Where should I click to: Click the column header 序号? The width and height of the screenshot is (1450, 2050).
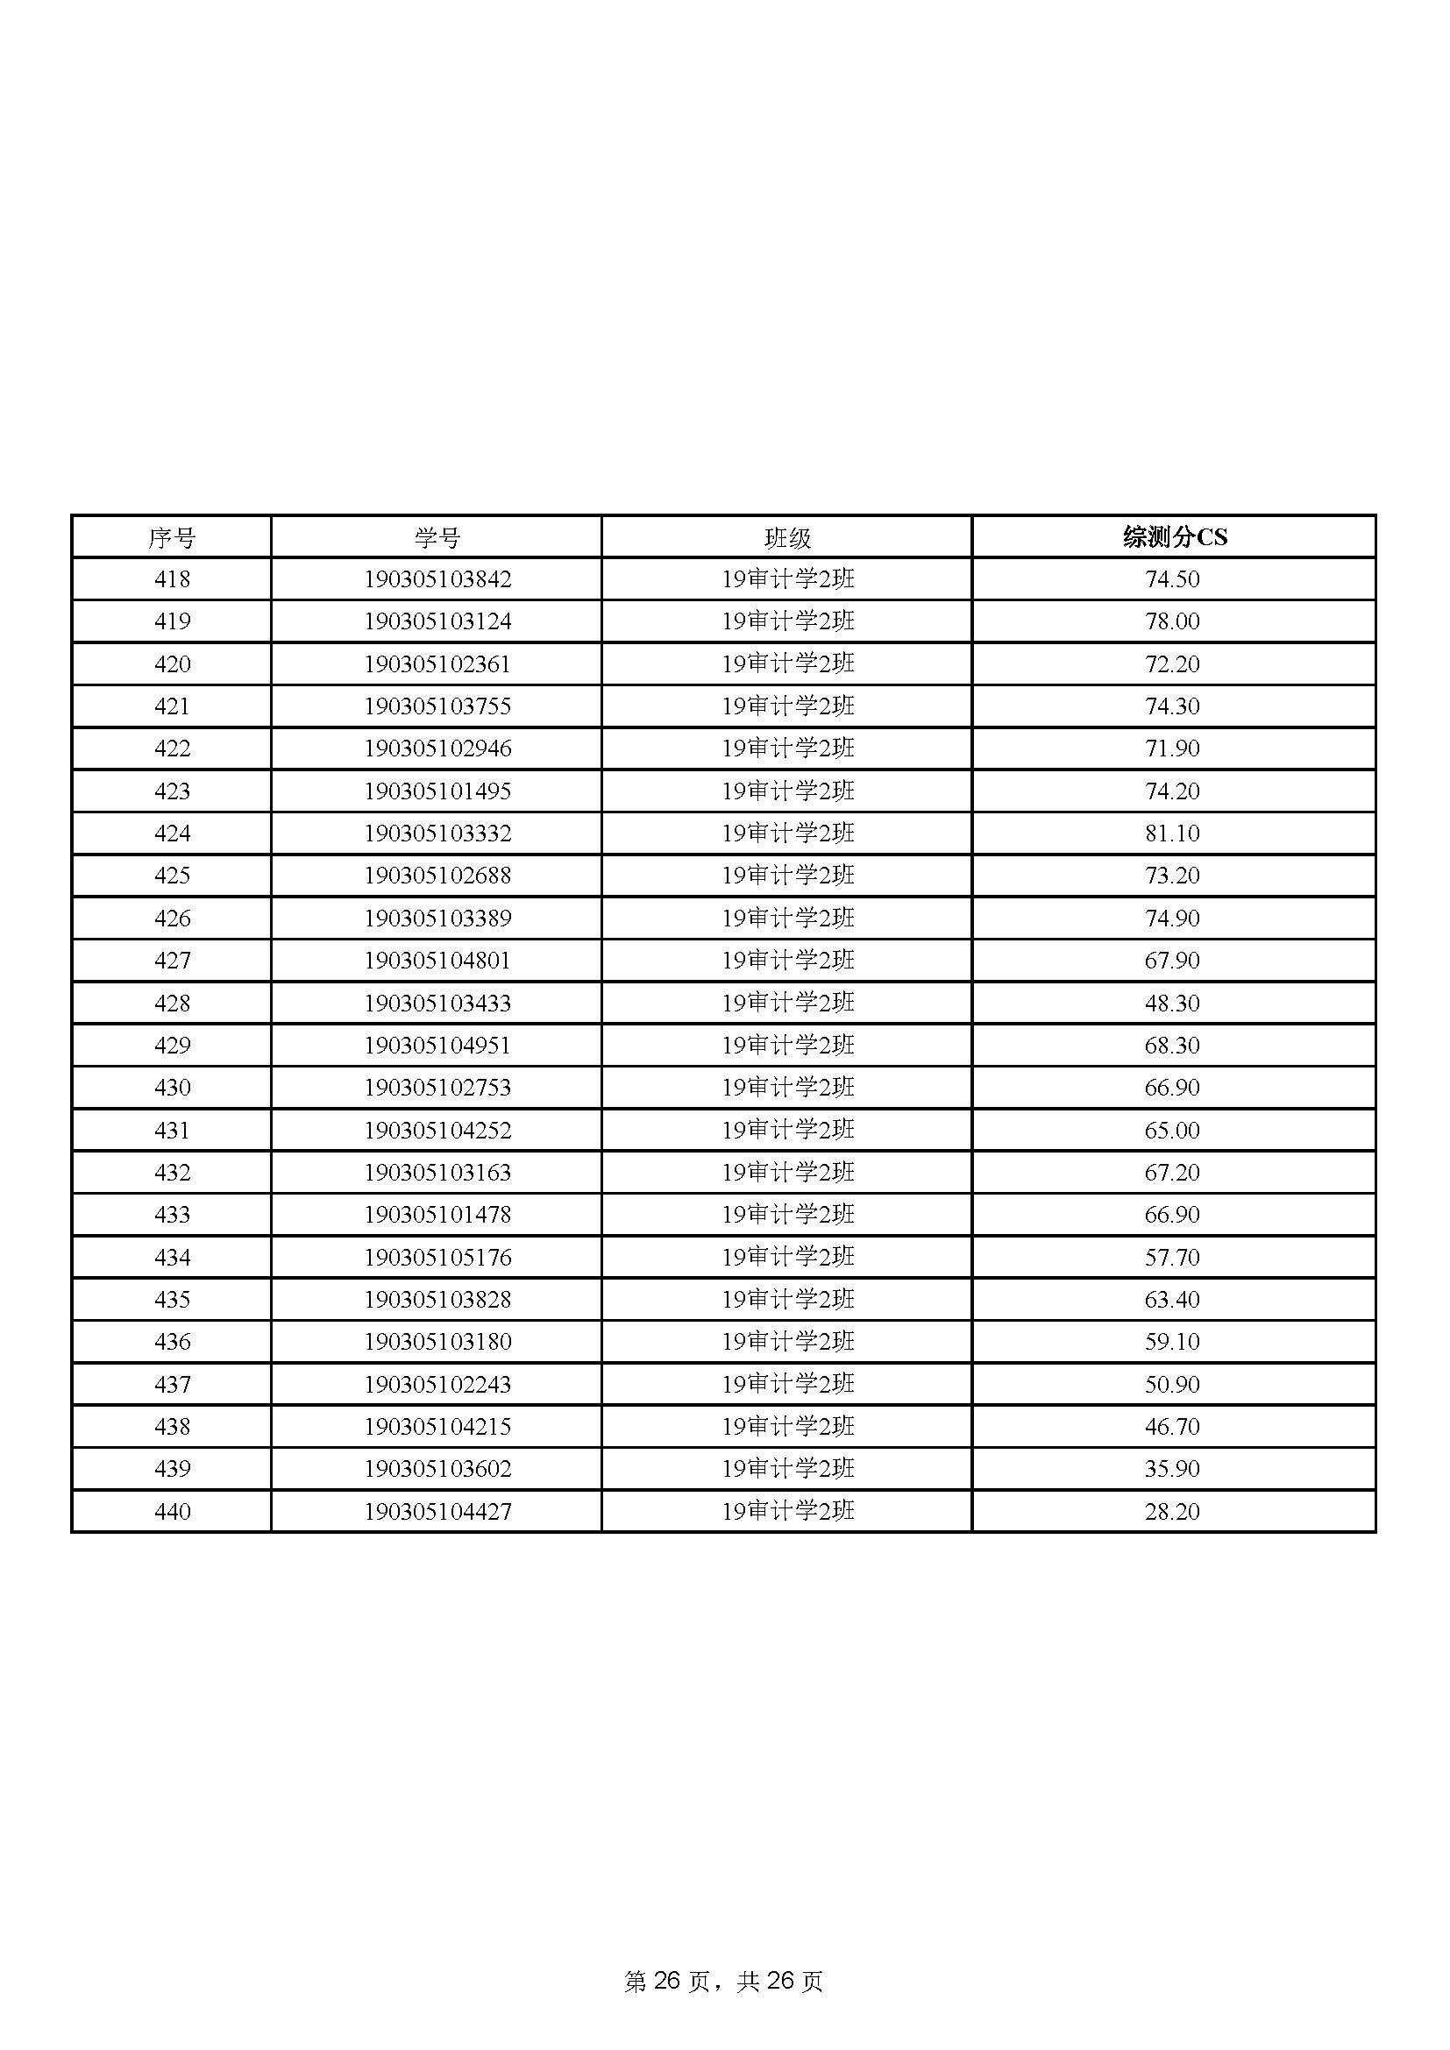pos(172,537)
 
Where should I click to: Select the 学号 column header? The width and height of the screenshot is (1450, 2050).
pos(437,537)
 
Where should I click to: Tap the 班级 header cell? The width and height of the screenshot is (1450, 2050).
pos(787,537)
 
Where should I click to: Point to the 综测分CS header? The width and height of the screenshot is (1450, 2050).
pos(1174,536)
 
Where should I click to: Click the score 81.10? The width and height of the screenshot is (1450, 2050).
pos(1172,833)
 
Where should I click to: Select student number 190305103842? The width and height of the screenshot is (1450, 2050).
pos(437,579)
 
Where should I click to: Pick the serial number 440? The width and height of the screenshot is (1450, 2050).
pos(173,1512)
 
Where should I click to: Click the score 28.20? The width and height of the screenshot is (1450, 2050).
pos(1172,1512)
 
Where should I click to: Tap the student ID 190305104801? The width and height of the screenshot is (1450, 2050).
pos(437,961)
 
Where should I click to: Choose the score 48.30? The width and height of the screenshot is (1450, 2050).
pos(1172,1003)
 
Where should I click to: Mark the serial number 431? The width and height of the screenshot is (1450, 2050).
pos(173,1131)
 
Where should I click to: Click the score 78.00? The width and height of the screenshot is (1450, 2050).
pos(1172,621)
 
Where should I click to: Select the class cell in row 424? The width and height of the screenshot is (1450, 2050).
pos(787,833)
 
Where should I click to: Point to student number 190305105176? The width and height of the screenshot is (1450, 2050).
pos(437,1257)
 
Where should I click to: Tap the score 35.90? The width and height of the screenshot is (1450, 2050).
pos(1172,1469)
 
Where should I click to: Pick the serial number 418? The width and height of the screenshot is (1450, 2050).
pos(173,579)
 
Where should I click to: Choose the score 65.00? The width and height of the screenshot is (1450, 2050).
pos(1172,1131)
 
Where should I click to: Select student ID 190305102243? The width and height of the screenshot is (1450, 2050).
pos(437,1385)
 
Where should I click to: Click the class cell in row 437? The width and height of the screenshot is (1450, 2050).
pos(787,1385)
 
